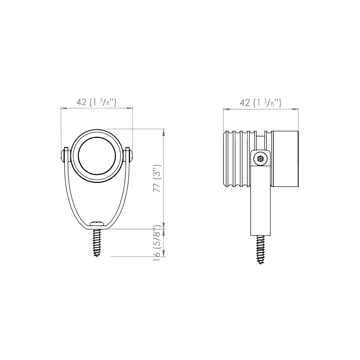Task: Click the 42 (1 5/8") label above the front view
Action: pos(96,102)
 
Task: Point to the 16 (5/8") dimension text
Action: pos(157,243)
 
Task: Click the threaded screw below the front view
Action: pos(97,243)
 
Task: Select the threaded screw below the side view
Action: pos(260,249)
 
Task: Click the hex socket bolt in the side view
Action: pos(261,158)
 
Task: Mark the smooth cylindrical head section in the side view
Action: pos(285,159)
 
